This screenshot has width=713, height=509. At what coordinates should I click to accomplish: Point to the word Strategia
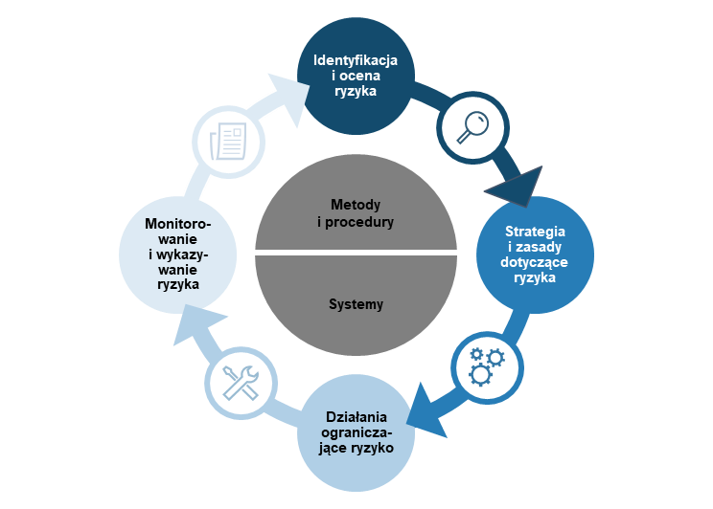point(535,232)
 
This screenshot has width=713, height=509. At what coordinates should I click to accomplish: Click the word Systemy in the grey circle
point(356,304)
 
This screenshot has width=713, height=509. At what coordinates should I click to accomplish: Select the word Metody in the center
point(356,205)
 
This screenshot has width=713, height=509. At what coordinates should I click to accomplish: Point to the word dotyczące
point(535,262)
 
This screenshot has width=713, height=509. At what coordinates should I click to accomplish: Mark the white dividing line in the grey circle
point(356,254)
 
